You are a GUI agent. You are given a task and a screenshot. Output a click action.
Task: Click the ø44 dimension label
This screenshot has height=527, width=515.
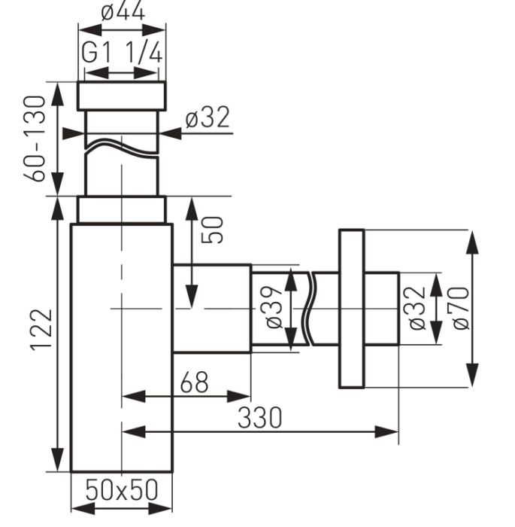pyautogui.click(x=123, y=12)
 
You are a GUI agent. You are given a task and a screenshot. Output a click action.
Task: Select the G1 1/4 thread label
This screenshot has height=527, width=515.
pyautogui.click(x=123, y=53)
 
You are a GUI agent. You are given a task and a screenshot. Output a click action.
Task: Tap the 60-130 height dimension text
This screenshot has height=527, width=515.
pyautogui.click(x=35, y=139)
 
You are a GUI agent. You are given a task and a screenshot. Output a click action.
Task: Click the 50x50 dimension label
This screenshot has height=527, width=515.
pyautogui.click(x=122, y=490)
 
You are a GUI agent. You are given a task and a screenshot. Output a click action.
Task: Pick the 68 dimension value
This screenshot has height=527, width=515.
pyautogui.click(x=194, y=382)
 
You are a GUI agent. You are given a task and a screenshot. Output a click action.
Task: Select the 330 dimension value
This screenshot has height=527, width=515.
pyautogui.click(x=260, y=418)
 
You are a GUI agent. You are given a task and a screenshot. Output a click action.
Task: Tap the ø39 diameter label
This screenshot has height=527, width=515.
pyautogui.click(x=273, y=307)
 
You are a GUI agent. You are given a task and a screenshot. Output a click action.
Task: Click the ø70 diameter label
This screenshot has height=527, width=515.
pyautogui.click(x=461, y=308)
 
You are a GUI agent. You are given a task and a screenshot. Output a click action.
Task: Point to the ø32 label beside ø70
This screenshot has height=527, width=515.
pyautogui.click(x=417, y=308)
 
